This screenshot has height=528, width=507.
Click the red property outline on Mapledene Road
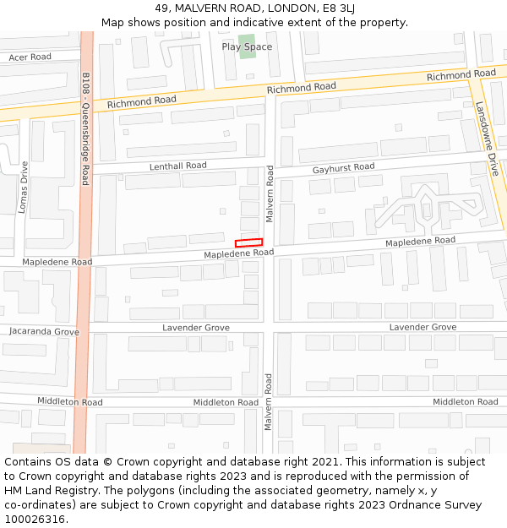click(248, 243)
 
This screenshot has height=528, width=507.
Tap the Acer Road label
click(30, 57)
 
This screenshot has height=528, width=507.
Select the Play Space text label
click(247, 46)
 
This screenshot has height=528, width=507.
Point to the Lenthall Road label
click(177, 166)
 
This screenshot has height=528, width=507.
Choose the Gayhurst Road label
click(343, 168)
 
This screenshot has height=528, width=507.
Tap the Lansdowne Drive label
click(488, 139)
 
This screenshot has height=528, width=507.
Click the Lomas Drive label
click(24, 187)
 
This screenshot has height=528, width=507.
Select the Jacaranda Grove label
click(44, 332)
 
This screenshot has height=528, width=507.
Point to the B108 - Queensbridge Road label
click(85, 128)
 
